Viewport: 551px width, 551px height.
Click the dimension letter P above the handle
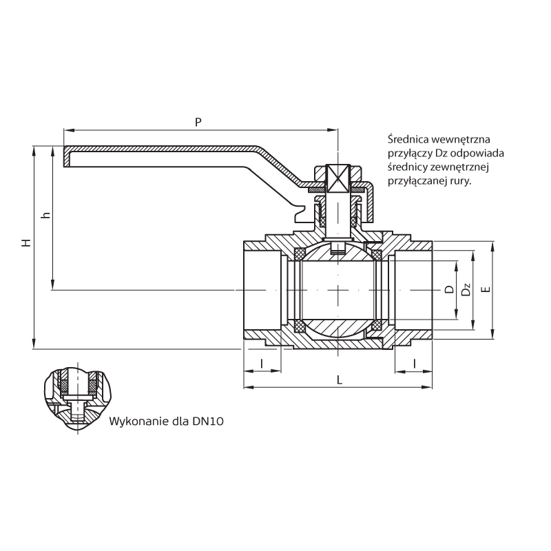point(198,122)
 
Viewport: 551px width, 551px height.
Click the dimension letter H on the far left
point(25,244)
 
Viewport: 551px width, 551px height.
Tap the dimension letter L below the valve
point(338,380)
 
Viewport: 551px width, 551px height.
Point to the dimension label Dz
point(466,290)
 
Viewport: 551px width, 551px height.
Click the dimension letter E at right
point(486,290)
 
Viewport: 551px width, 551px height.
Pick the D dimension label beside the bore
point(448,290)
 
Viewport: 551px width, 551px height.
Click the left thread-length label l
point(262,363)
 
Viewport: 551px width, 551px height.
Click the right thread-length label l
point(414,363)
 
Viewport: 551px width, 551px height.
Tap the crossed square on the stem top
point(338,178)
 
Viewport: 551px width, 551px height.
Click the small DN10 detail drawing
point(76,397)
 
